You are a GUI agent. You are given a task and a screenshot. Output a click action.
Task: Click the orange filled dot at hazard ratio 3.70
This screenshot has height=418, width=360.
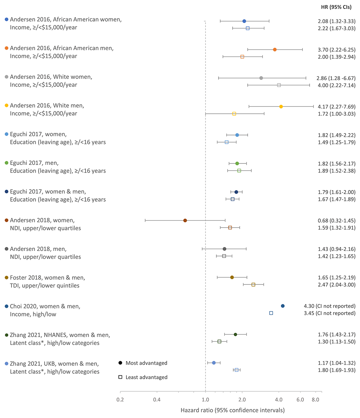coord(275,49)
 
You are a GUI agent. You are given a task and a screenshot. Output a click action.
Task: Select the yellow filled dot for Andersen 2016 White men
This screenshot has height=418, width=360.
coord(281,107)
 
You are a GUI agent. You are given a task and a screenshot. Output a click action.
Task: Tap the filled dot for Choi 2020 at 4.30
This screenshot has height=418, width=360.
coord(283,306)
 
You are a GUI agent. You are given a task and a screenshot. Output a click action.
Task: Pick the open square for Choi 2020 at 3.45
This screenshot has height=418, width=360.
coord(271,313)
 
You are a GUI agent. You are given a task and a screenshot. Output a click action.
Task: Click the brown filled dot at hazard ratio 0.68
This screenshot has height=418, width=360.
coord(185,220)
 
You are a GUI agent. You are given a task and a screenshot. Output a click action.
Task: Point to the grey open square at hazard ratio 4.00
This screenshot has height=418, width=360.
coord(279,85)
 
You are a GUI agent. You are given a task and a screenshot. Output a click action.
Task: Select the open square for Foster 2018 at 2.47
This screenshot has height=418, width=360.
coord(253,285)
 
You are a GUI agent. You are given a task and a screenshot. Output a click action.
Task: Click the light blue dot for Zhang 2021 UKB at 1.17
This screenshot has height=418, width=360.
coord(213,363)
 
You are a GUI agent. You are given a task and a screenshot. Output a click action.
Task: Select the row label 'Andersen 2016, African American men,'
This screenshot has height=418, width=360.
coord(62,48)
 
